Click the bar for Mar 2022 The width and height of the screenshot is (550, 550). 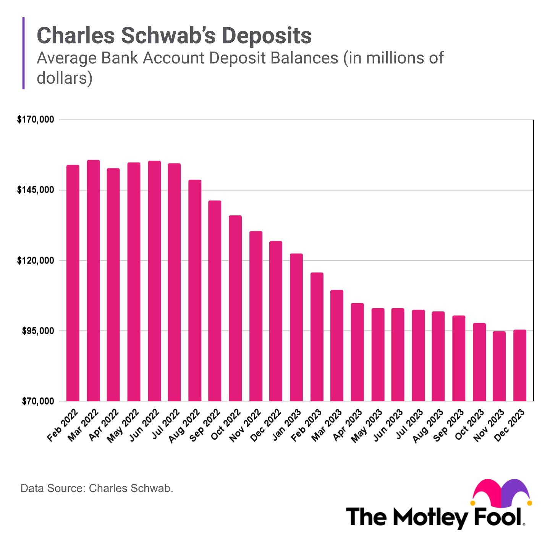93,280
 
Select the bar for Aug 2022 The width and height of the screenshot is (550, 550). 195,290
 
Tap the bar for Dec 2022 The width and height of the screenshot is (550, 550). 276,321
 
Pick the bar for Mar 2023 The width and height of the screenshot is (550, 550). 337,345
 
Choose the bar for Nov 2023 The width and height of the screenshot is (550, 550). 499,366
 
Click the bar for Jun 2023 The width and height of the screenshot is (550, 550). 398,354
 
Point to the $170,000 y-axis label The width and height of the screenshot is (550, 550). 35,120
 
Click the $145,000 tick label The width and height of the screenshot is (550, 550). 35,190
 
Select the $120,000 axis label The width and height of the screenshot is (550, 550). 35,260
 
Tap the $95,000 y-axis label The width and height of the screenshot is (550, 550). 37,331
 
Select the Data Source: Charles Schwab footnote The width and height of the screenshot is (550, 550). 97,488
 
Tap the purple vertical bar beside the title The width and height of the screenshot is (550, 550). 24,53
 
